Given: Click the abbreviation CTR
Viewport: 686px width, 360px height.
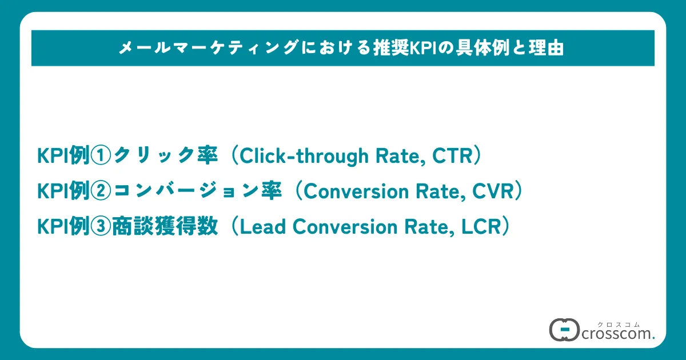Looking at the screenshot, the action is pos(453,156).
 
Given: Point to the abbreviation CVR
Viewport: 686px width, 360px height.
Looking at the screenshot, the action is pos(493,191).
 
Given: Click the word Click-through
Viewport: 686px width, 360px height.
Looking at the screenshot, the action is pos(304,156).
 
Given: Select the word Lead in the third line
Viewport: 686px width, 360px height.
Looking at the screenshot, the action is pos(262,227).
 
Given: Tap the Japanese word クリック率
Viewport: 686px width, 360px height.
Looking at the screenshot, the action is pos(165,155).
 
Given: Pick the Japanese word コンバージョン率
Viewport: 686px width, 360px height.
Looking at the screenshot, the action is pos(198,191).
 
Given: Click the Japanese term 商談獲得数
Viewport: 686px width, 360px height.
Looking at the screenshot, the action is pos(165,226).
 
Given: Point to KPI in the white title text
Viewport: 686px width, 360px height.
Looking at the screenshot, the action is pos(423,49).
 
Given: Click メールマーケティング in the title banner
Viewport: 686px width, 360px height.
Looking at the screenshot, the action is pos(209,48).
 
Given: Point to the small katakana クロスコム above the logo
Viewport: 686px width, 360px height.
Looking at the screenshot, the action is pos(619,325).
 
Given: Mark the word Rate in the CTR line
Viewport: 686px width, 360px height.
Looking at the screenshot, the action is pos(400,157).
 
